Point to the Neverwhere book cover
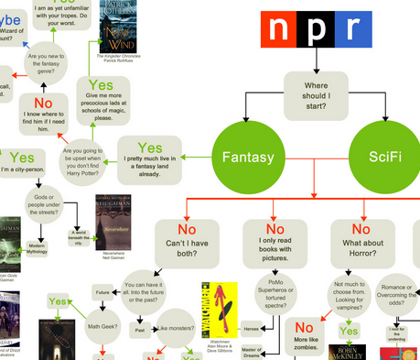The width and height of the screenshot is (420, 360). tap(108, 218)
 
